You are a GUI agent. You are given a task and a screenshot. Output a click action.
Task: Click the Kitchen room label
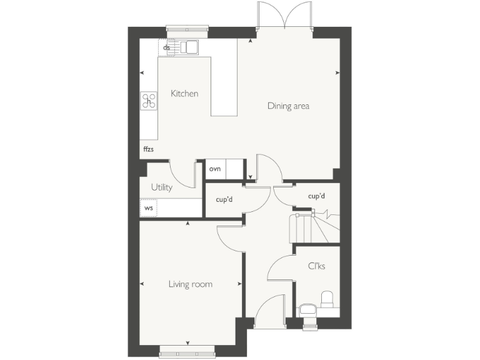pos(184,94)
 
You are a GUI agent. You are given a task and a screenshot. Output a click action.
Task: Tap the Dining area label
pos(288,106)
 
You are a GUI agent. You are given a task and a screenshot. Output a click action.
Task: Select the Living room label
pos(190,284)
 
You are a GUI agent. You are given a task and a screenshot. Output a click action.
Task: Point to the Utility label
pos(162,187)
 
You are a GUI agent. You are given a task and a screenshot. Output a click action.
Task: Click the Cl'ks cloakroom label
pos(316,266)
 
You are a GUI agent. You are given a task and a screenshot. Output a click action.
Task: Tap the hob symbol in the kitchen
pos(149,101)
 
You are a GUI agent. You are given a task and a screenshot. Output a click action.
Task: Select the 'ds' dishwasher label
pos(166,47)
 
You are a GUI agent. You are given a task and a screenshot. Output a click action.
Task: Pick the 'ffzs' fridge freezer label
pos(148,149)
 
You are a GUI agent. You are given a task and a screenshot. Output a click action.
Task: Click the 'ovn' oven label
pos(215,169)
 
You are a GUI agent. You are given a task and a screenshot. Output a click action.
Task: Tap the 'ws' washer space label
pos(148,207)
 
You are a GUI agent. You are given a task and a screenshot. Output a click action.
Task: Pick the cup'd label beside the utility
pos(225,201)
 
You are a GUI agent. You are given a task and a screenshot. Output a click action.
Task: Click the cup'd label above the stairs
pos(317,196)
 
